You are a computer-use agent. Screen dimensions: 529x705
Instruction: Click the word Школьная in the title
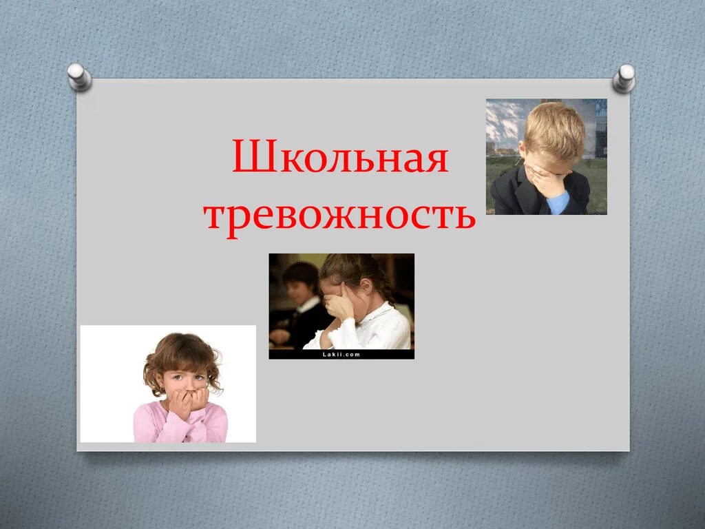(340, 158)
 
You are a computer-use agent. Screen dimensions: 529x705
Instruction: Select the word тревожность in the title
(340, 215)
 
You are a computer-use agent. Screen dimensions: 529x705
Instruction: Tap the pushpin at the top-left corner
(80, 76)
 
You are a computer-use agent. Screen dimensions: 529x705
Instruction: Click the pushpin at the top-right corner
(624, 77)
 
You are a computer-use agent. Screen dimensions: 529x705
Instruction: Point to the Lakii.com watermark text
(341, 354)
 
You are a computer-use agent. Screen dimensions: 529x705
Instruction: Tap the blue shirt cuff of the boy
(559, 202)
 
